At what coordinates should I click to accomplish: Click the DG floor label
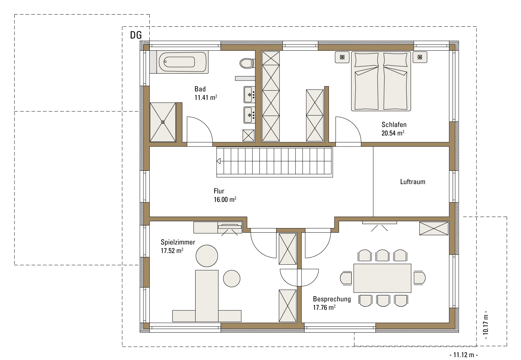136,35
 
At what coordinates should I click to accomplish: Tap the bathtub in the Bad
182,62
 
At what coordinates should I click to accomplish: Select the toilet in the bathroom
247,63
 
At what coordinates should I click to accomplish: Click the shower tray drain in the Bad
163,122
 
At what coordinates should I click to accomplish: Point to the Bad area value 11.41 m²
206,98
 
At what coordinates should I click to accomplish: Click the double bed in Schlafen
381,81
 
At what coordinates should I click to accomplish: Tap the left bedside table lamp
342,57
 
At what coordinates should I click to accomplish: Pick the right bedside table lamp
420,57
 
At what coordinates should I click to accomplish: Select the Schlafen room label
394,125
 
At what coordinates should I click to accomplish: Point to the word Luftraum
413,182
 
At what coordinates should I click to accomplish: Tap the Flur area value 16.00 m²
225,200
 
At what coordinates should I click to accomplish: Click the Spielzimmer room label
178,242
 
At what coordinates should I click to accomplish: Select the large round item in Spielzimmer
207,256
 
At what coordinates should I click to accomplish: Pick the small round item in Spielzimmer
232,278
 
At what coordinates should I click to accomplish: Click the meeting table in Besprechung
382,278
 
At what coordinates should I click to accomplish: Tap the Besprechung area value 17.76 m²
324,308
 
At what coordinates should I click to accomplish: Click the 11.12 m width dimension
464,355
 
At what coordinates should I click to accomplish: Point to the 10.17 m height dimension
486,325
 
